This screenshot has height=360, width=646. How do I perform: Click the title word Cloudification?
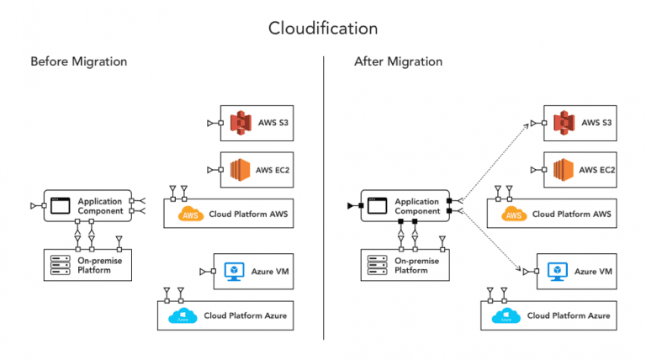point(323,28)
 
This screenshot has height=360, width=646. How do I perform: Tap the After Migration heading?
point(399,61)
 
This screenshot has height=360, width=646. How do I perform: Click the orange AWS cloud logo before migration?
point(192,214)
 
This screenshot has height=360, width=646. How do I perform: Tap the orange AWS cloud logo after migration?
point(515,214)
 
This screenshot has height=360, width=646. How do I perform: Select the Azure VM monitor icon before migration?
point(233,271)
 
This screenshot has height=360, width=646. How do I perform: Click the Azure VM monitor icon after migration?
point(556,271)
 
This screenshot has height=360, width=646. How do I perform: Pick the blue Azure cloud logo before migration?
point(181,315)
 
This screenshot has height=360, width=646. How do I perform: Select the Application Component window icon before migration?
point(60,205)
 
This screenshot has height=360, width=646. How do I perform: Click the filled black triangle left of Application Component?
point(351,205)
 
